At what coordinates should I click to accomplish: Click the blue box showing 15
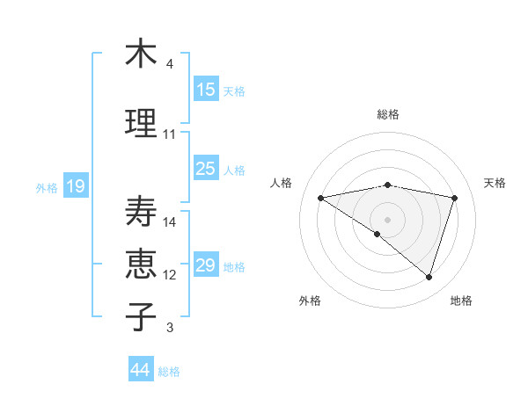[x=206, y=90]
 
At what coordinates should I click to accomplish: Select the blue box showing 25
[x=206, y=169]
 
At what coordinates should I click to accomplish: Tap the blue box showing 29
[x=206, y=265]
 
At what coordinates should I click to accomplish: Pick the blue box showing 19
[x=75, y=186]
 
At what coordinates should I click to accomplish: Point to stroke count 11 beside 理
[x=170, y=134]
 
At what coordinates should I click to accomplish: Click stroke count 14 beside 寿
[x=170, y=222]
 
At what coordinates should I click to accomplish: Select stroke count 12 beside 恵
[x=170, y=275]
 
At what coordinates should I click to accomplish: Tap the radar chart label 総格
[x=387, y=114]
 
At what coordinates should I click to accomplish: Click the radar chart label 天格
[x=495, y=183]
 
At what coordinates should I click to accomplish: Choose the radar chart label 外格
[x=310, y=301]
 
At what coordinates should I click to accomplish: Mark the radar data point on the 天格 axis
[x=455, y=198]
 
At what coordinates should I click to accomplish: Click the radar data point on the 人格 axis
[x=320, y=198]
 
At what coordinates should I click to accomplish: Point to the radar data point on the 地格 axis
[x=429, y=277]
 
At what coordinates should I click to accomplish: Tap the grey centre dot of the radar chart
[x=387, y=219]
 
